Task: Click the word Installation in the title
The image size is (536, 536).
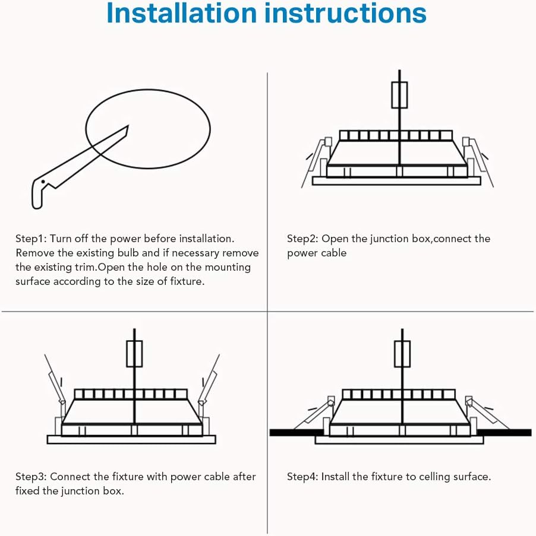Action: point(181,13)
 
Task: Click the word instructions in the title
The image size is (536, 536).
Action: point(346,13)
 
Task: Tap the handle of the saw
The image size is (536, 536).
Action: point(41,192)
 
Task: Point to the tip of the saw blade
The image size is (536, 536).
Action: point(128,126)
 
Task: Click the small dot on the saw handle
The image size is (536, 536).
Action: point(43,182)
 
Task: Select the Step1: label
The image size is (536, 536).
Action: point(31,239)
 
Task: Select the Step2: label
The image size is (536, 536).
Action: point(302,239)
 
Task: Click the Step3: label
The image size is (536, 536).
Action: point(31,477)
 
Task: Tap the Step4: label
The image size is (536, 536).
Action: point(302,477)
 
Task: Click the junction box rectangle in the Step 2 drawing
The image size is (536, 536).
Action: point(399,95)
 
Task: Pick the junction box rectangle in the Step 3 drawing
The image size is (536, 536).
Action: point(134,354)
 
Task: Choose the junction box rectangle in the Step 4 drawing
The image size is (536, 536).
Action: point(402,354)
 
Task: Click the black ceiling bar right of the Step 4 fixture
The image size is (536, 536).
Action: point(504,433)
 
